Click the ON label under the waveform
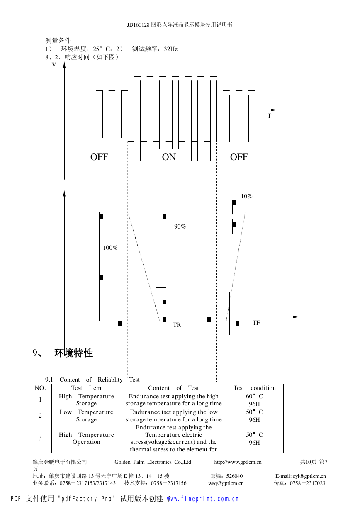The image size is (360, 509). pyautogui.click(x=169, y=157)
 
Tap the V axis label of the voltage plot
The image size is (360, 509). pyautogui.click(x=54, y=65)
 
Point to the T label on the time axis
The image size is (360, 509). pyautogui.click(x=269, y=116)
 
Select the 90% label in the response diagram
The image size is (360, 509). pyautogui.click(x=180, y=226)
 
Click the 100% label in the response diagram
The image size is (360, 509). pyautogui.click(x=110, y=248)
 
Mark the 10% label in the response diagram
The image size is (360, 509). pyautogui.click(x=247, y=196)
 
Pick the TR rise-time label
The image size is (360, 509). pyautogui.click(x=177, y=325)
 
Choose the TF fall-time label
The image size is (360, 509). pyautogui.click(x=256, y=323)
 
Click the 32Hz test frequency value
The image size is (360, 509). pyautogui.click(x=170, y=49)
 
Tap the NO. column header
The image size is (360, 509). pyautogui.click(x=40, y=388)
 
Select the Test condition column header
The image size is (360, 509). pyautogui.click(x=255, y=388)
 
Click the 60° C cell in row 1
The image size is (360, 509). pyautogui.click(x=254, y=396)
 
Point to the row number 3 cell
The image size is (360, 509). pyautogui.click(x=40, y=438)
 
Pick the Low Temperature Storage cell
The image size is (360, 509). pyautogui.click(x=86, y=416)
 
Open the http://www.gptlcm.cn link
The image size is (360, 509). pyautogui.click(x=238, y=462)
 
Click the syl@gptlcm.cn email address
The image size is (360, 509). pyautogui.click(x=309, y=476)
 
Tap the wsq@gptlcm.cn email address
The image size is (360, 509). pyautogui.click(x=226, y=483)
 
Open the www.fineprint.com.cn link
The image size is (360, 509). pyautogui.click(x=203, y=499)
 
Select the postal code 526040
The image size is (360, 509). pyautogui.click(x=234, y=476)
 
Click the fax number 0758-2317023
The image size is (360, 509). pyautogui.click(x=307, y=483)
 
